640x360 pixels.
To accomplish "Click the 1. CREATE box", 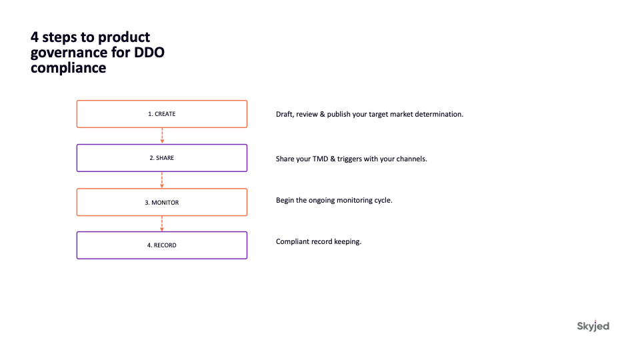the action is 161,114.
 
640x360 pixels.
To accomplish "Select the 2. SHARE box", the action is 161,158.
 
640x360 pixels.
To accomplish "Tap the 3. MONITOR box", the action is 161,202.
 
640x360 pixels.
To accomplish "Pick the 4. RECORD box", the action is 161,245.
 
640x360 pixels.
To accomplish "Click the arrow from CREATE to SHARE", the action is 162,136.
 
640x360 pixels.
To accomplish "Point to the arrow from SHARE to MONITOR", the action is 162,180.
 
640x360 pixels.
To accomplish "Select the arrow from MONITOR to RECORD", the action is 162,224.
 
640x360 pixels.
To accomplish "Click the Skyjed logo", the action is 593,326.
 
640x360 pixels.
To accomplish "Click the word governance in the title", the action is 69,53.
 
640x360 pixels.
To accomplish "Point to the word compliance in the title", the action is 68,68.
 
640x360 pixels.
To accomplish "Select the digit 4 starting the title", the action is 35,37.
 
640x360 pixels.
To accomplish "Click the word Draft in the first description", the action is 284,114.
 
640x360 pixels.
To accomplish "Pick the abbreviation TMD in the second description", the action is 320,159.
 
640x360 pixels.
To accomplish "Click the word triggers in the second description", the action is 349,159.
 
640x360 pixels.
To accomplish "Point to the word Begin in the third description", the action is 285,201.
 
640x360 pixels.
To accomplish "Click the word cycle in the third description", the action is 383,201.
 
